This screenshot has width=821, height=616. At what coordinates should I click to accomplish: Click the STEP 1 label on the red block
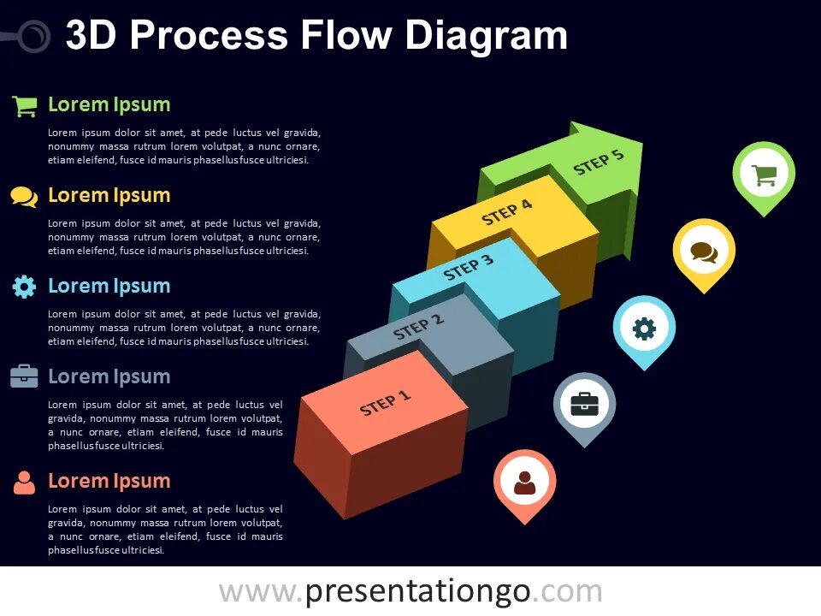386,403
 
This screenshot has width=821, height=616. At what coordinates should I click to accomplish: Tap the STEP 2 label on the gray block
418,327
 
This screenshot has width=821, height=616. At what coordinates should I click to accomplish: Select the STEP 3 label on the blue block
468,269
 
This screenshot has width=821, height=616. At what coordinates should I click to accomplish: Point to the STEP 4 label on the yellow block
506,213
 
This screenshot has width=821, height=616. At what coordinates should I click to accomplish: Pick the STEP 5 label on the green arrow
599,162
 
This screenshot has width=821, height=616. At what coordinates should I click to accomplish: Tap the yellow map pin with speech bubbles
704,252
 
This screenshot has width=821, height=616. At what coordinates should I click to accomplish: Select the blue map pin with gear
644,328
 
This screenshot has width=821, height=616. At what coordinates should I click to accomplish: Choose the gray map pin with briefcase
584,404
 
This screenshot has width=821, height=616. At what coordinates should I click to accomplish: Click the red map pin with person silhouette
524,482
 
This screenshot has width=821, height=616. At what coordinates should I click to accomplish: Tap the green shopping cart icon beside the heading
24,106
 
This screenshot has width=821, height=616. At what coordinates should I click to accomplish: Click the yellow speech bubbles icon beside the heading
24,197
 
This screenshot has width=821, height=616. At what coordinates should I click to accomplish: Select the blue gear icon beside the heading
24,287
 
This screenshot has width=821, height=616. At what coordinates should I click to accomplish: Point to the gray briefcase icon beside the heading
24,376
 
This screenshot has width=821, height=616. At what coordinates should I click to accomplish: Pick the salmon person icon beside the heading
24,483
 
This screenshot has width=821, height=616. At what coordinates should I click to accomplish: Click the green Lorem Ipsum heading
109,105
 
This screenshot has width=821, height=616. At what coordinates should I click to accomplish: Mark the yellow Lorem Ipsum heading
109,195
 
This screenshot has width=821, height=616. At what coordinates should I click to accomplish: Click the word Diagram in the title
486,36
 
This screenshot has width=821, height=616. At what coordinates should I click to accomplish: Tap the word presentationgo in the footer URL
418,591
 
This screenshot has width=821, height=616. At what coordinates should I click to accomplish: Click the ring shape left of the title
32,36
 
